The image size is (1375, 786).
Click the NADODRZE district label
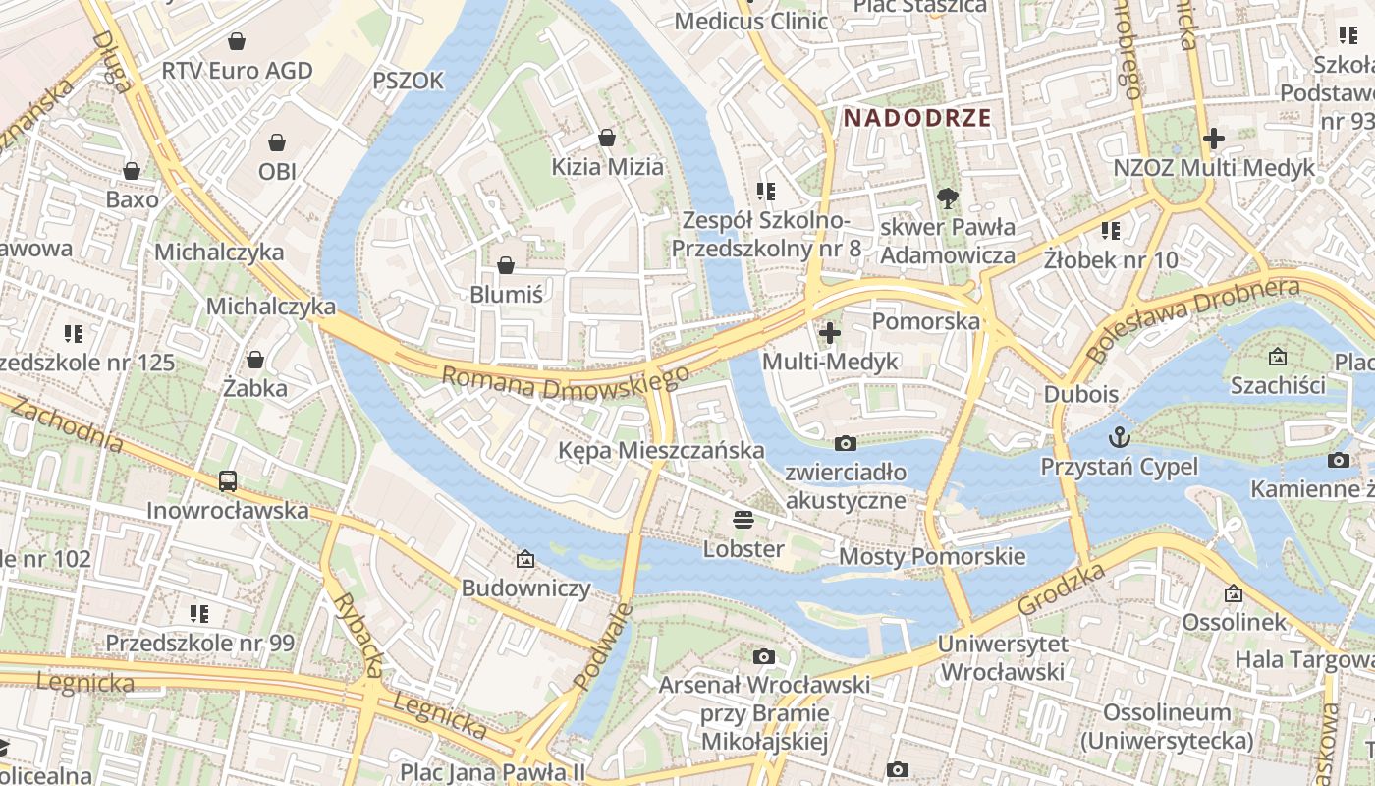click(917, 118)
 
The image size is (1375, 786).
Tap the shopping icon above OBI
click(278, 142)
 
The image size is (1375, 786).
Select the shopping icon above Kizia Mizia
click(607, 138)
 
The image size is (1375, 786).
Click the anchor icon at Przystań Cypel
click(1119, 436)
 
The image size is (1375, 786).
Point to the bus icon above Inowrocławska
click(228, 481)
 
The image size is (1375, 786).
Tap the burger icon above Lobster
click(743, 520)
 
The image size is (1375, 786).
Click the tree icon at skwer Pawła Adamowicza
click(948, 198)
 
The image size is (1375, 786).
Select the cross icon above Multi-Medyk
click(830, 333)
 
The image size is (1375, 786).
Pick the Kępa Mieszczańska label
click(661, 450)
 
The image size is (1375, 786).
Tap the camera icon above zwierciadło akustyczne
click(845, 444)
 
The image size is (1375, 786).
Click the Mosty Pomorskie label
click(931, 557)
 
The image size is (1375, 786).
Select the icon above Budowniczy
click(525, 560)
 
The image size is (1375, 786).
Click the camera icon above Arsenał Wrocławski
click(764, 656)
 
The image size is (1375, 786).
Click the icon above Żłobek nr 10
click(1111, 231)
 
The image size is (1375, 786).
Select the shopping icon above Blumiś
click(506, 265)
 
